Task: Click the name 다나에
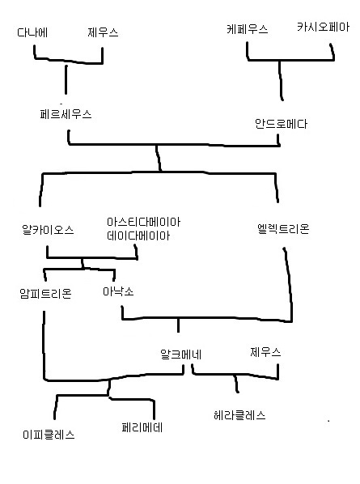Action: pos(32,32)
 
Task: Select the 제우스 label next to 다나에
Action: pos(103,32)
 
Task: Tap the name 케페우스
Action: pos(248,29)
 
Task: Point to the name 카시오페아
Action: pos(323,27)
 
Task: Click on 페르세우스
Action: pos(66,114)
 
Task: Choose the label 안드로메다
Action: pos(281,124)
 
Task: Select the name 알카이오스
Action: pos(48,230)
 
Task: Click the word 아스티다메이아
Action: pos(143,222)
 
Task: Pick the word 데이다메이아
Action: pos(138,236)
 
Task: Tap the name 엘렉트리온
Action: pos(283,229)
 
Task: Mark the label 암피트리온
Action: pos(45,293)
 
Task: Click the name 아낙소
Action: pos(118,291)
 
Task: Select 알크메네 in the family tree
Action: pos(180,355)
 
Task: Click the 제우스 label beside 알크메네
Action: pos(265,352)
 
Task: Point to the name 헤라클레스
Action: pos(239,415)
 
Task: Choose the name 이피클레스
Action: pos(49,435)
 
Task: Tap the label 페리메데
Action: pos(142,428)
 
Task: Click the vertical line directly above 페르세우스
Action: pos(66,79)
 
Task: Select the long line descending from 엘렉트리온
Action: pos(290,284)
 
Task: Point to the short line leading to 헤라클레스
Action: pos(236,384)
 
